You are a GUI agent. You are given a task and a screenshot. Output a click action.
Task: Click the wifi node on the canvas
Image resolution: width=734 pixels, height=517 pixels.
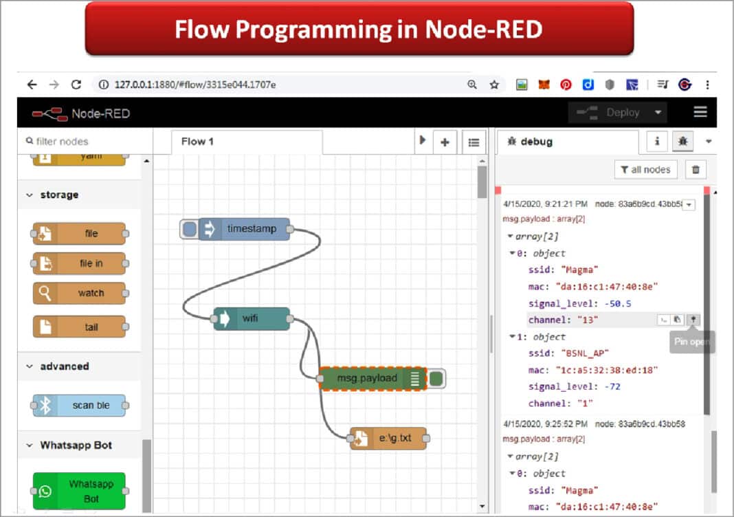click(252, 319)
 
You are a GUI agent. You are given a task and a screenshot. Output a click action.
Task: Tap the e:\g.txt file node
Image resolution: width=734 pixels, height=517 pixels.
click(390, 438)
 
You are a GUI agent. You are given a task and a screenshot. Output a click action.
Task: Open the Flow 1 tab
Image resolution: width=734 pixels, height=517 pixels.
click(198, 142)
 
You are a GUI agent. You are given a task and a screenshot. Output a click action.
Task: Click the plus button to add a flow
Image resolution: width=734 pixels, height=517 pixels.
click(445, 142)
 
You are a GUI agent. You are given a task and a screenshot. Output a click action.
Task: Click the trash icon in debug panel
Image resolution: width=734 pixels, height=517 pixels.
click(696, 170)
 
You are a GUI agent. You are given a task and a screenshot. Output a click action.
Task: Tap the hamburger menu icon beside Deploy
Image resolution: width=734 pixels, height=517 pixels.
click(700, 113)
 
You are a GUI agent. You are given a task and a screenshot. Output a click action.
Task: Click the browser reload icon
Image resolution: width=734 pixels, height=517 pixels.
click(76, 85)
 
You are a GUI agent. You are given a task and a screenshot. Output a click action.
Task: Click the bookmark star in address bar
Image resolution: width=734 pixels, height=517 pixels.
click(493, 85)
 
